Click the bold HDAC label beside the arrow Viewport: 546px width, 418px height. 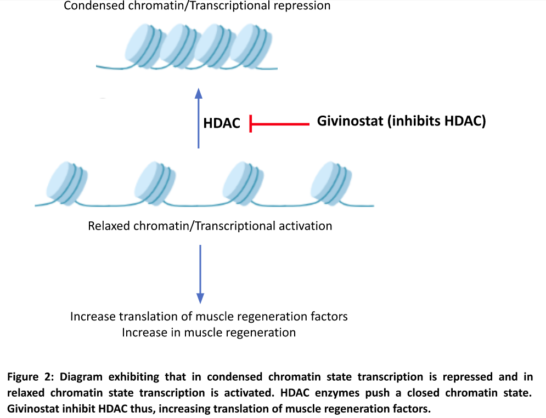[222, 123]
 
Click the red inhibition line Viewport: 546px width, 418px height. [280, 124]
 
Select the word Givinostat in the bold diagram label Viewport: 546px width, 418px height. [350, 122]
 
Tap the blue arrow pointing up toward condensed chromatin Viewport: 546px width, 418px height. [199, 118]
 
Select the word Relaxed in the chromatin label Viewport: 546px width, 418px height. [107, 226]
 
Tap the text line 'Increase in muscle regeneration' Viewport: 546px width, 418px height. [209, 333]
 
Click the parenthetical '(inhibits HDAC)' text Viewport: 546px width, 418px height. [437, 122]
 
